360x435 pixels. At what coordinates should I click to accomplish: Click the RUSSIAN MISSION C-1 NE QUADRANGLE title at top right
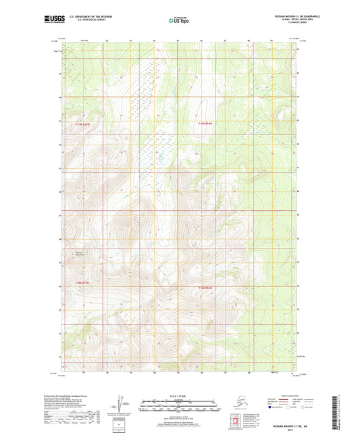pyautogui.click(x=281, y=16)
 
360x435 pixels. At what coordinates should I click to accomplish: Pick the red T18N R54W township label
pyautogui.click(x=206, y=288)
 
